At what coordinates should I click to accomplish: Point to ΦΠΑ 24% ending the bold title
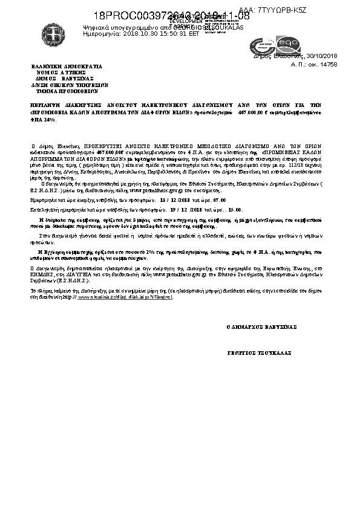coord(44,119)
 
